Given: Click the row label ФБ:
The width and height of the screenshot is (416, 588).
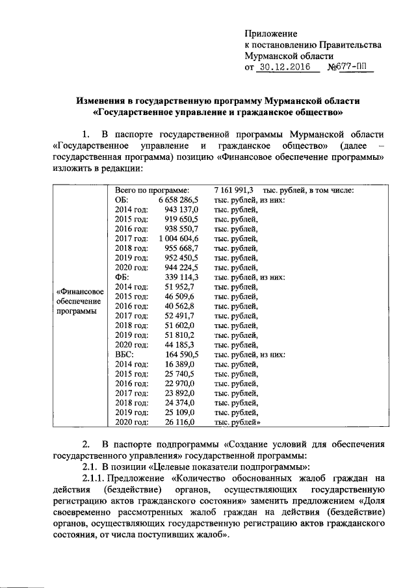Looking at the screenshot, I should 123,277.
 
